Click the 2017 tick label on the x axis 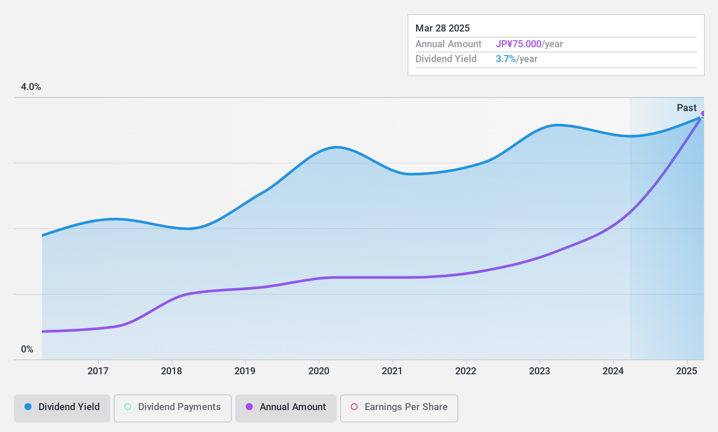(x=98, y=371)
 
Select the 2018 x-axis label (x=171, y=371)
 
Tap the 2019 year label (x=245, y=371)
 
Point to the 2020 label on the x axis (x=319, y=371)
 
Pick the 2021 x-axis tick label (x=392, y=371)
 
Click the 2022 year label (x=466, y=371)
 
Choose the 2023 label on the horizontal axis (x=540, y=371)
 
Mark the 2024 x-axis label (x=613, y=371)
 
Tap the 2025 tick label (x=687, y=371)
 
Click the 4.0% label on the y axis (x=31, y=87)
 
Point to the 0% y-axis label (x=27, y=349)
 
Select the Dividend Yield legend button (x=62, y=407)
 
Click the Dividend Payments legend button (x=173, y=407)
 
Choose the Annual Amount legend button (x=286, y=407)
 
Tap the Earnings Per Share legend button (x=399, y=407)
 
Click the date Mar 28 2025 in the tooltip (x=443, y=28)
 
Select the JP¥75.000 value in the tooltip (x=519, y=44)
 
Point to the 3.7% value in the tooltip (x=506, y=59)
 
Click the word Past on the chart (x=687, y=108)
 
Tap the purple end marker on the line (x=703, y=114)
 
